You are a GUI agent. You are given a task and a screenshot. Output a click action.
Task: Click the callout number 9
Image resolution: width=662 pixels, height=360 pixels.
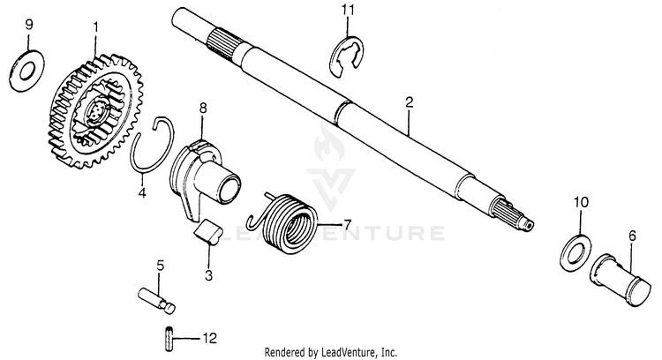[x=29, y=24]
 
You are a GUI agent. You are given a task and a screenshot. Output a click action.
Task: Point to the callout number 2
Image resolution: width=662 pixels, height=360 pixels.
[x=409, y=103]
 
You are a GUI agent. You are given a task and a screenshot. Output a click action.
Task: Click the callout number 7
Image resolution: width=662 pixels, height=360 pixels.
[x=346, y=223]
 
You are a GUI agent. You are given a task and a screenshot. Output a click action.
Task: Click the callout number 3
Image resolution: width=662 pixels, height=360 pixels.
[x=209, y=275]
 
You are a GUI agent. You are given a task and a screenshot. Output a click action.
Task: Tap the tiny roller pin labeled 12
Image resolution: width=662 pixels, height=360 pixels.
[x=168, y=336]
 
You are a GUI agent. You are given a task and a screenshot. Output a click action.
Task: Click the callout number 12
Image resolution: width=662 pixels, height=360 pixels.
[x=207, y=337]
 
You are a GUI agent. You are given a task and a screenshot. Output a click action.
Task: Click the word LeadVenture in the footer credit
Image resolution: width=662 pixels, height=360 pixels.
[x=348, y=351]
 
